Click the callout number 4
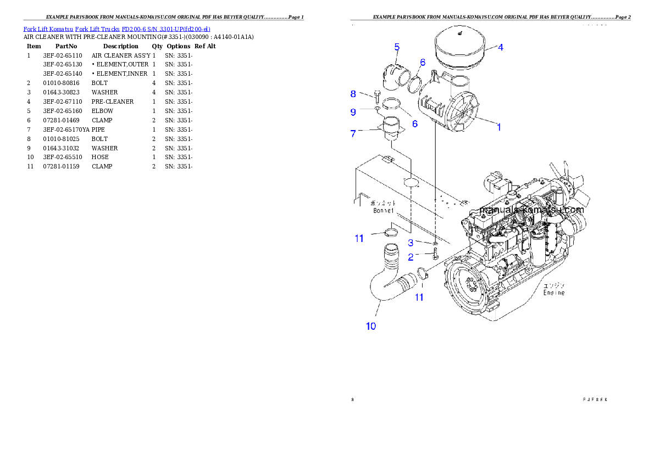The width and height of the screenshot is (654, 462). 500,47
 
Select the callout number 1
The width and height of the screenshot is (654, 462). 498,127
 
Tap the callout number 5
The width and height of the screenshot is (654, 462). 397,47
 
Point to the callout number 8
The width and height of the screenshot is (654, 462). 353,94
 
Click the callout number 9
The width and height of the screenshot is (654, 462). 353,112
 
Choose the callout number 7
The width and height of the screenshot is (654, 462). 353,133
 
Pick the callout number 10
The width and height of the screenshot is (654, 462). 371,326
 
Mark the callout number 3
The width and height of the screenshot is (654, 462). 411,243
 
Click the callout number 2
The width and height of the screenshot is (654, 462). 411,256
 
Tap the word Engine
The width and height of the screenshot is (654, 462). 554,292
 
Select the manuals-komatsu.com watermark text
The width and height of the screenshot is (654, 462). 531,210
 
